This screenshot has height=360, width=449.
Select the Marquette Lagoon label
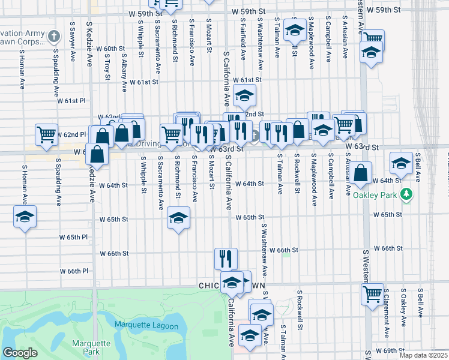146,326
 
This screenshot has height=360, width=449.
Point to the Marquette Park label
91,347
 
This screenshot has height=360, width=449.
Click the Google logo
20,353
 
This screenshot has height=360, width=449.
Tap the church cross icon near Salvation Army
54,36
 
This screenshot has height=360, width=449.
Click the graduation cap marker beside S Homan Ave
25,217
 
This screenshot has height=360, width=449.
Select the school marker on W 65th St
178,218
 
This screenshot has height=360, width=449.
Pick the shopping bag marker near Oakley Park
361,173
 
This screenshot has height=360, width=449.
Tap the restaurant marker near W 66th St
226,259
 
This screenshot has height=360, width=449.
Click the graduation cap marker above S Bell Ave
401,163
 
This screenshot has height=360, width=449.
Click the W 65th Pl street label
73,238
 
